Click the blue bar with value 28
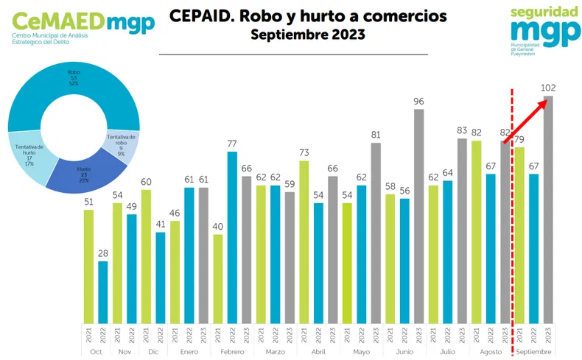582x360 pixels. pos(104,292)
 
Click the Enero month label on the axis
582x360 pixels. pos(189,352)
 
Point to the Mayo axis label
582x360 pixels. pos(362,352)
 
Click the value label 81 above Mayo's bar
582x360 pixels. pos(376,135)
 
